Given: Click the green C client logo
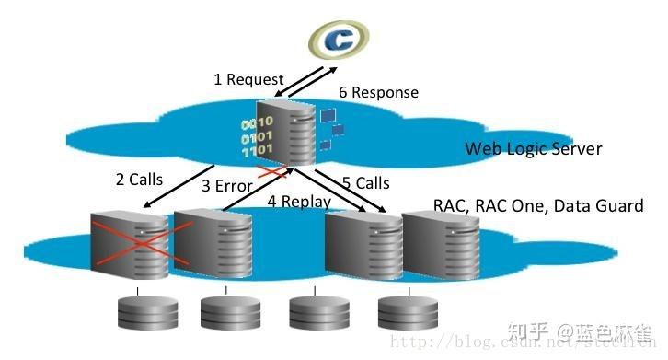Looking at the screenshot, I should point(338,38).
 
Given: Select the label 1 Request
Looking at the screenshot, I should point(248,79).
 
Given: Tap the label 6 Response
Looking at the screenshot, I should point(378,92).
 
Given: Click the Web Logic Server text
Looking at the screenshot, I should point(533,148).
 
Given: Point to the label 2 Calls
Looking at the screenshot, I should point(139,180).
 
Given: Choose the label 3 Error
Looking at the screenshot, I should point(227,186).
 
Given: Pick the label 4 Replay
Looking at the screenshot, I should point(299,201).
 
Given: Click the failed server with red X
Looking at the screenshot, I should point(129,244).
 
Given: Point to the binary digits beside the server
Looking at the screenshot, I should point(257,136).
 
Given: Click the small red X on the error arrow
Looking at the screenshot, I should point(272,172).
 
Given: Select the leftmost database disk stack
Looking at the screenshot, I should point(137,313).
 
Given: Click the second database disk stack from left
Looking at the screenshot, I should point(224,313).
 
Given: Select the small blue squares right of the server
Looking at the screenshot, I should point(329,127).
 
